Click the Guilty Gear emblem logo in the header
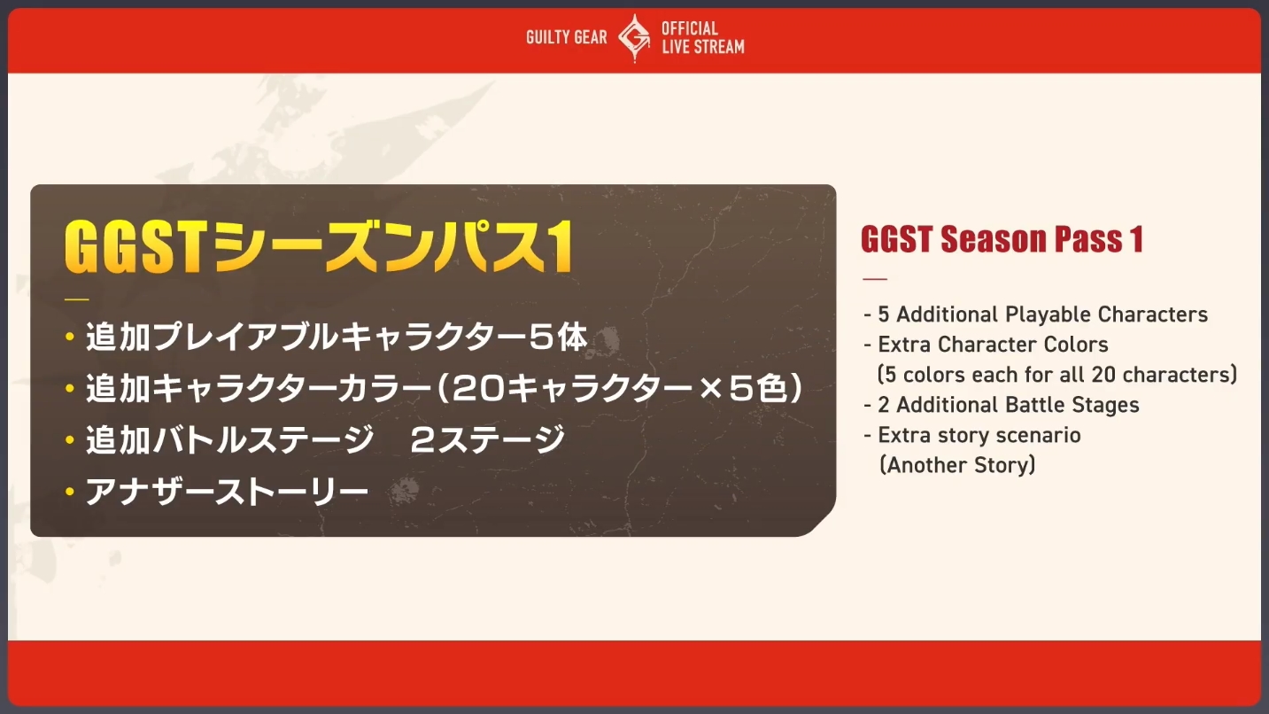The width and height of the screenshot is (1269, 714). point(634,38)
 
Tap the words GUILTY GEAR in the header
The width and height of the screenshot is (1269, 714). point(566,37)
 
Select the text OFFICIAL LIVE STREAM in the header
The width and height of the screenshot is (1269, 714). point(702,37)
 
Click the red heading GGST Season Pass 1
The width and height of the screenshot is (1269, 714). point(1002,239)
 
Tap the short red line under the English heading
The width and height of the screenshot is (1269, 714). point(874,279)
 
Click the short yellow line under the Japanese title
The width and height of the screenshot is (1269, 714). point(77,299)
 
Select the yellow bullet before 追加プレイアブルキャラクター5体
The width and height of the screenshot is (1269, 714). point(70,338)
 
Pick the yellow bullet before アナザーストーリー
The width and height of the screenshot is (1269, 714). point(70,492)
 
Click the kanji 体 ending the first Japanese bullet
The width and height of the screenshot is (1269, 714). point(573,338)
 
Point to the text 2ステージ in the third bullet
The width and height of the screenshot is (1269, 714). point(487,440)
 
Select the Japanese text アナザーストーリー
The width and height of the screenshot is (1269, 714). point(227,492)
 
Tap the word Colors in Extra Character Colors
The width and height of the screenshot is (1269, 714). point(1075,344)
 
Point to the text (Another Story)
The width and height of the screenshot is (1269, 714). point(957,465)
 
